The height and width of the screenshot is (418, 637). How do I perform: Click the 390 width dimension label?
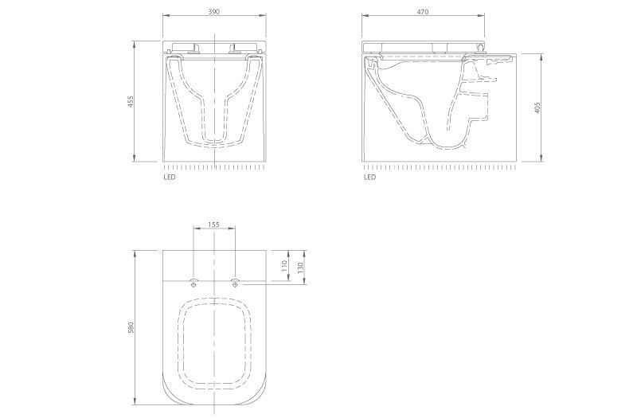pos(213,12)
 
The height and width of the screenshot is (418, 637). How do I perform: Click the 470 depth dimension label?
pos(423,12)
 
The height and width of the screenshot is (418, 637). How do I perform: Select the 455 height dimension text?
pos(131,101)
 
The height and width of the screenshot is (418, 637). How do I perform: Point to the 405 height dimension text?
pos(537,107)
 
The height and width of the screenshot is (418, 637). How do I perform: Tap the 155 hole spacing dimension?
pos(213,225)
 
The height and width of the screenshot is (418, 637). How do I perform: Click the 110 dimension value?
pos(284,266)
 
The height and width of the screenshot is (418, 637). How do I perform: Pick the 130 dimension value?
pos(301,268)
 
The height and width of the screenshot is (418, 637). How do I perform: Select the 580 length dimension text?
pos(131,328)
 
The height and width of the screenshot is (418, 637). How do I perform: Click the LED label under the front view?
pos(170,177)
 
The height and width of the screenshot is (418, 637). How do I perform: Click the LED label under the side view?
pos(369,177)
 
